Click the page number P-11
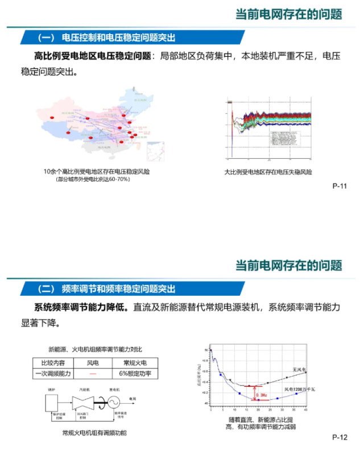340,185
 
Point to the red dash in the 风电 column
93,374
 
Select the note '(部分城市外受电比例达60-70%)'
93,180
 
